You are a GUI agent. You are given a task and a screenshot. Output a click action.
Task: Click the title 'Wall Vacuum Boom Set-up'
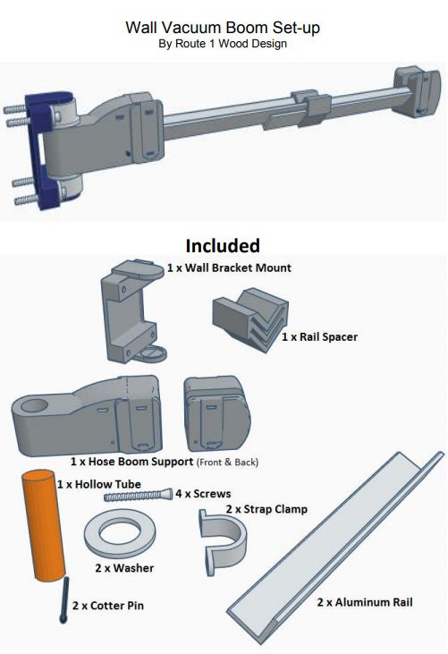(x=223, y=28)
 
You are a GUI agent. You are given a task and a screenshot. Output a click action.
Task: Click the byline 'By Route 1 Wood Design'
(x=223, y=44)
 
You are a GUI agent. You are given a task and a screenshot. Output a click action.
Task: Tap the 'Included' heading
(x=223, y=245)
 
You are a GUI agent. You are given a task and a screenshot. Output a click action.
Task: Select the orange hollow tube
(x=42, y=528)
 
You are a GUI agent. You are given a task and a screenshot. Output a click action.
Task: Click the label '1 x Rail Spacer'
(x=320, y=337)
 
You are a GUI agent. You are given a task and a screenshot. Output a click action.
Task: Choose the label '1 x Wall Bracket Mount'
(x=229, y=268)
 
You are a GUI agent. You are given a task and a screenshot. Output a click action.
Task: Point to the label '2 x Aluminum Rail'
(x=365, y=602)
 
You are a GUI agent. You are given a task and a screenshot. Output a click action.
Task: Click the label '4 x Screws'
(x=203, y=493)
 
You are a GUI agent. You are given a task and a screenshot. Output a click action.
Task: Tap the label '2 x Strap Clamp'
(x=266, y=509)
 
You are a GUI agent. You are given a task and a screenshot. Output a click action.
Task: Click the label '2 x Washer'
(x=124, y=568)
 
